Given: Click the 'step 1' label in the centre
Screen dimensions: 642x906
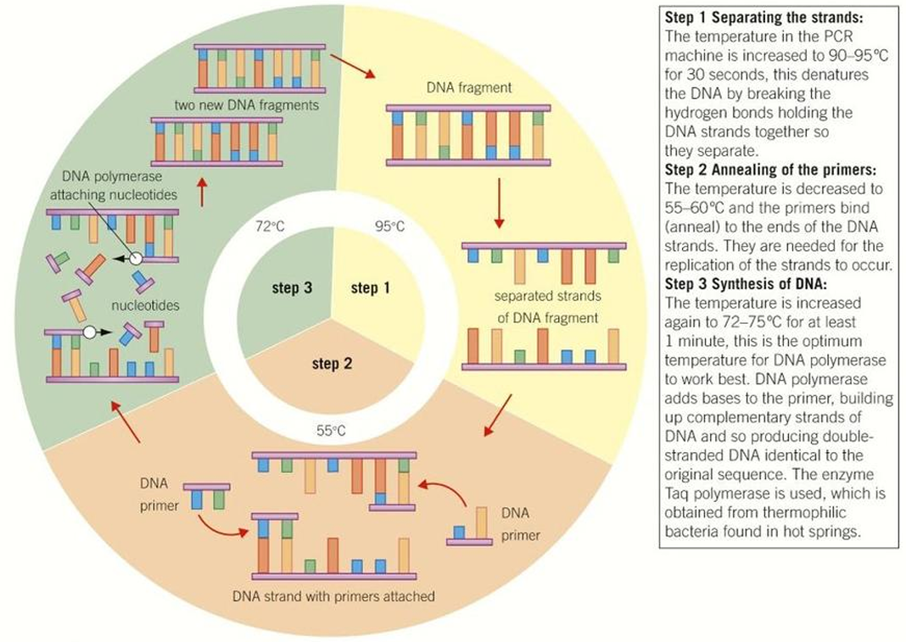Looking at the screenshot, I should click(x=371, y=288).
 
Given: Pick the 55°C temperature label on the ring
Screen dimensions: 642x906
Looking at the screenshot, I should click(x=331, y=430).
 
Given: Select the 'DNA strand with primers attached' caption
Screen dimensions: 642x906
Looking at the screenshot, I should click(x=333, y=596).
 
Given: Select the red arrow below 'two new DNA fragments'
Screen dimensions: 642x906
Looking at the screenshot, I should click(x=201, y=192).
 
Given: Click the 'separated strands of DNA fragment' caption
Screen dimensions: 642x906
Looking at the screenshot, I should click(x=546, y=307).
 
